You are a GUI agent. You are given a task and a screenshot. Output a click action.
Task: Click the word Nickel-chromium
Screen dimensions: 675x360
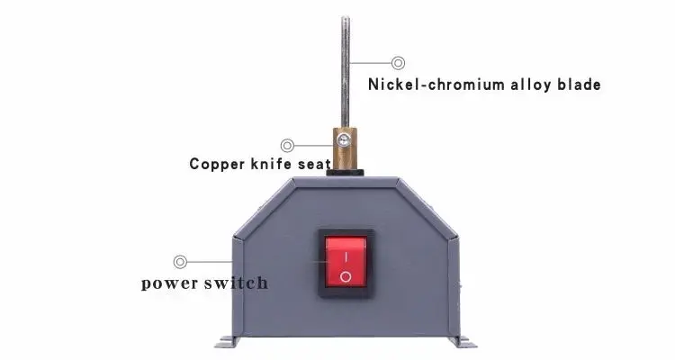coord(428,85)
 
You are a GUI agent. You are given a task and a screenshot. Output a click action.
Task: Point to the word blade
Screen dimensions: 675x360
coord(579,85)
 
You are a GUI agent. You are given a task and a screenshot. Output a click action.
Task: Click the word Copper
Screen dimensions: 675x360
coord(218,164)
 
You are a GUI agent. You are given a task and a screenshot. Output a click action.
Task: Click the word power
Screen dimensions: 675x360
coord(174,283)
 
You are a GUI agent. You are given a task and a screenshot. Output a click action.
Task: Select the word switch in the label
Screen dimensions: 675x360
coord(238,283)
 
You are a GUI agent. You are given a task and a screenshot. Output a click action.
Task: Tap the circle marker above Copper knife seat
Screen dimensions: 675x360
coord(287,144)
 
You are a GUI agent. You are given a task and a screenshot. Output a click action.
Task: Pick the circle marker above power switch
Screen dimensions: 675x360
coord(181,261)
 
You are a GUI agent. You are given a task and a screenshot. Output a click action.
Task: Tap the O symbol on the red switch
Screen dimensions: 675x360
coord(345,276)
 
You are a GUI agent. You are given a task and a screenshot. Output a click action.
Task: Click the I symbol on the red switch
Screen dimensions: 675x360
coord(345,255)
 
